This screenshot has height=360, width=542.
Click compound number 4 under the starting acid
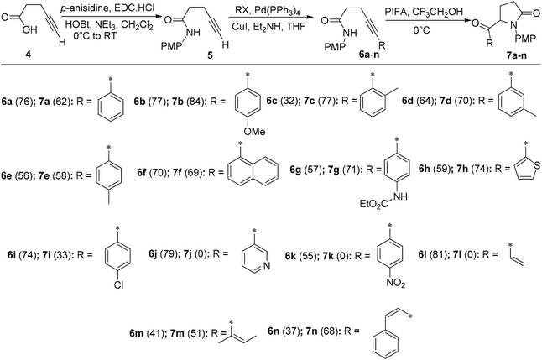[x=29, y=55]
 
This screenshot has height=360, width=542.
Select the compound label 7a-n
[x=516, y=55]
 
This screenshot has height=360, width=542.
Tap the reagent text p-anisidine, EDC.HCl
[x=107, y=8]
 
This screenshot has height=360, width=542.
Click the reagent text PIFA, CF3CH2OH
[x=424, y=13]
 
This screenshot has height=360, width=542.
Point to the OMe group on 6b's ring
[x=254, y=131]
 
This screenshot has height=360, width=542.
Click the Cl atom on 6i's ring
[x=118, y=284]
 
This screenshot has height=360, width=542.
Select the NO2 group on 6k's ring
[x=395, y=283]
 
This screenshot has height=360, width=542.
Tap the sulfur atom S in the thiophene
[x=536, y=165]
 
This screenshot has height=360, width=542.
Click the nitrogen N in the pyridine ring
[x=266, y=266]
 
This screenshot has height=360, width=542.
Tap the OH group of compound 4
[x=30, y=29]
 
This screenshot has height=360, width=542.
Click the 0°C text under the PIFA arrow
[x=422, y=30]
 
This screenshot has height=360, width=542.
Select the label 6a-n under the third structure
[x=368, y=55]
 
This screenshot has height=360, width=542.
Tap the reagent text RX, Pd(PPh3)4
[x=267, y=12]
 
